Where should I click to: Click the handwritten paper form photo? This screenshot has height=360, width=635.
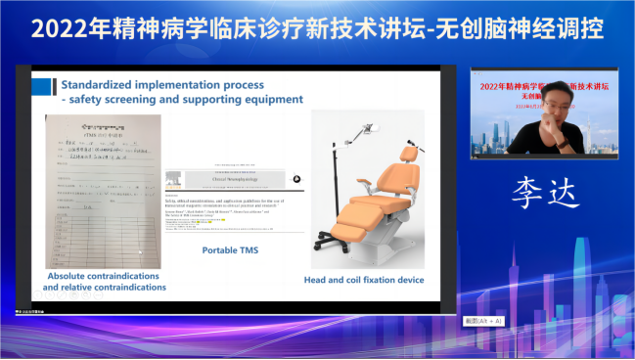tap(104, 190)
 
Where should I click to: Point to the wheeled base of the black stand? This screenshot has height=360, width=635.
tap(329, 247)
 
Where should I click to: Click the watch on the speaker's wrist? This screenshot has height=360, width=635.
tap(564, 142)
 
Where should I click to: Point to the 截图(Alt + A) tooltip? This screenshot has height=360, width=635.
tap(482, 321)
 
